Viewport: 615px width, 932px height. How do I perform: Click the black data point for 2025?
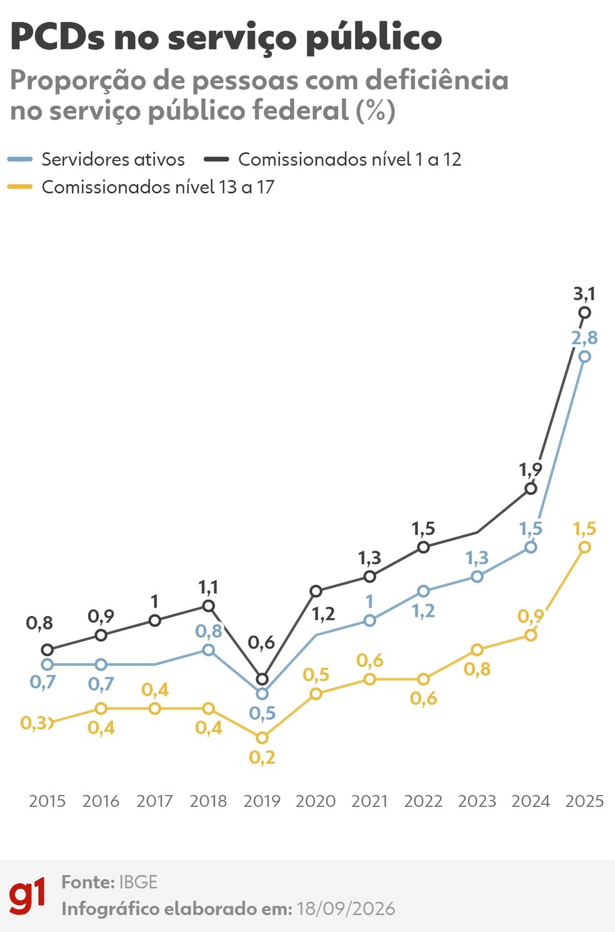point(584,312)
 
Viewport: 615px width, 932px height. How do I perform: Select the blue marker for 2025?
point(584,357)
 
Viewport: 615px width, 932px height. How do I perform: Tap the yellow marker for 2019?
point(262,738)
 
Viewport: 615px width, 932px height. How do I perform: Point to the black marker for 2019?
point(262,679)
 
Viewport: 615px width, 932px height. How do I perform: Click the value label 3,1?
point(584,294)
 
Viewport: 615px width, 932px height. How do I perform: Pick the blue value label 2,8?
point(584,338)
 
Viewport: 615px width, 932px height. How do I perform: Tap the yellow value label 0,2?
point(262,757)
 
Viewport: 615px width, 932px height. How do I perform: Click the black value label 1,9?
point(531,470)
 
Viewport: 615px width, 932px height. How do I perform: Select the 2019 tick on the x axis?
point(262,801)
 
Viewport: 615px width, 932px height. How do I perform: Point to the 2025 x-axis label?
point(584,801)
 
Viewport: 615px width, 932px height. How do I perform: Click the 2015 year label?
point(47,801)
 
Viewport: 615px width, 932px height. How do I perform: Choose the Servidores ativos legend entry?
point(96,160)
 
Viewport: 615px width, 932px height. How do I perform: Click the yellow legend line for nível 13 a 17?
point(20,187)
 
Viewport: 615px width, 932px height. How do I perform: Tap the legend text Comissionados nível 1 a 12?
point(350,160)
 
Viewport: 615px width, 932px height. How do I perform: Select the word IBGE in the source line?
point(139,882)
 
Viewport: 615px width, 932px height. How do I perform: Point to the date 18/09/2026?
point(346,909)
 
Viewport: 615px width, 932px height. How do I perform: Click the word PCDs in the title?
point(57,37)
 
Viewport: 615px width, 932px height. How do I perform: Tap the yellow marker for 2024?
point(531,636)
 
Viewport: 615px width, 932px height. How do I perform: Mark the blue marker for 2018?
point(208,650)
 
